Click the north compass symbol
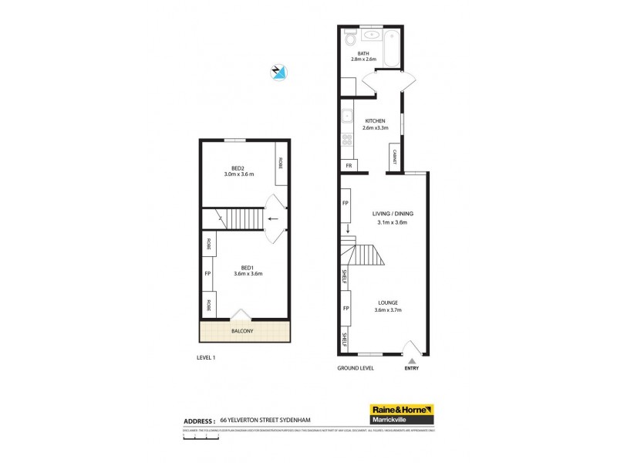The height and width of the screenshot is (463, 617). (x=278, y=73)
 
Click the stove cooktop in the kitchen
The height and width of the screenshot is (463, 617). (x=347, y=140)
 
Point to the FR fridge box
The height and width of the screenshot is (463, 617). (x=349, y=165)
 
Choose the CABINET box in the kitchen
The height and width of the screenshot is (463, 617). (x=394, y=157)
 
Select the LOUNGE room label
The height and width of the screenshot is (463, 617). (x=388, y=302)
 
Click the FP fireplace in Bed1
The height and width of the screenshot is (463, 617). (x=207, y=273)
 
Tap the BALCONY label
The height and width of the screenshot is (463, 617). (x=243, y=331)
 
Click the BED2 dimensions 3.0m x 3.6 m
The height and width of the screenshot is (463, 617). (x=238, y=175)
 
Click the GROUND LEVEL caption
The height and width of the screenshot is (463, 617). (x=356, y=368)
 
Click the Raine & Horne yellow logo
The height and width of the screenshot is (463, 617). (x=402, y=409)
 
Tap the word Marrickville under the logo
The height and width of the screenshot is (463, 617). (x=402, y=420)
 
